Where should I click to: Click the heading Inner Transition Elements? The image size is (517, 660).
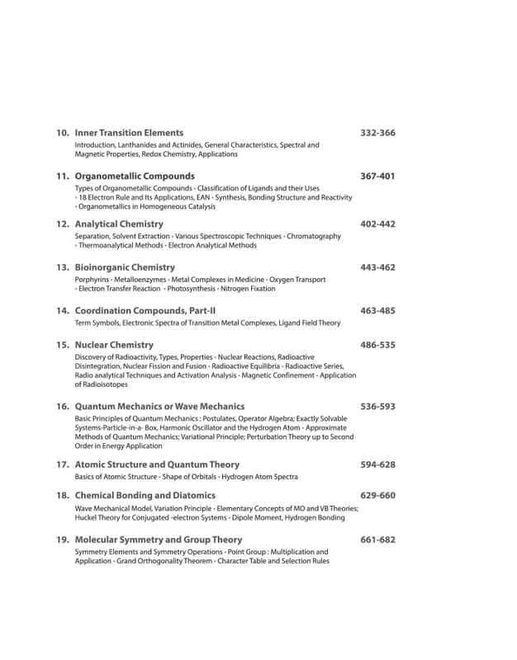click(x=129, y=133)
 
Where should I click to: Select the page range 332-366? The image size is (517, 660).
click(x=378, y=133)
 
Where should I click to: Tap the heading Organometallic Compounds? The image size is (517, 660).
click(x=135, y=177)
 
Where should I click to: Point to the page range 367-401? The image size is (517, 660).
click(x=378, y=177)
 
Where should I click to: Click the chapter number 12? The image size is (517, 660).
click(x=62, y=224)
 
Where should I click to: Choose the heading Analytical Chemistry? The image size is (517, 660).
click(x=119, y=224)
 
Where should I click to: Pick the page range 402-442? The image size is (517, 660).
click(x=378, y=224)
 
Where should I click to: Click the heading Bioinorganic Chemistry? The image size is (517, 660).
click(x=125, y=268)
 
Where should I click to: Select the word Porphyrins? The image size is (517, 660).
click(x=92, y=280)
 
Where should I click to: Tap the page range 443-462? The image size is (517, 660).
click(x=378, y=268)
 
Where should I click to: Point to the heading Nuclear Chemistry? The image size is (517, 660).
click(x=114, y=345)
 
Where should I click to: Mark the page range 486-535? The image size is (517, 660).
click(x=378, y=345)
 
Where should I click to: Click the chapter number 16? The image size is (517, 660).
click(x=62, y=407)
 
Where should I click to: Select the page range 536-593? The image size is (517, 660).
click(x=378, y=407)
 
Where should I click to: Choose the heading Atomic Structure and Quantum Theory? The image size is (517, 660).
click(x=157, y=465)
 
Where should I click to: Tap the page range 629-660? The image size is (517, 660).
click(x=378, y=496)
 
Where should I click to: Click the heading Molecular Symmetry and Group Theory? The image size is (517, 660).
click(x=159, y=540)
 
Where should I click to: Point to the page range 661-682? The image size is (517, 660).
click(x=378, y=540)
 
